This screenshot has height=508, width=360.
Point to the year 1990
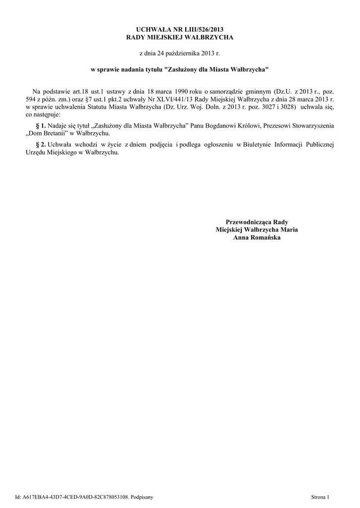coord(177,92)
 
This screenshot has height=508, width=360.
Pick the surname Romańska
coord(264,238)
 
